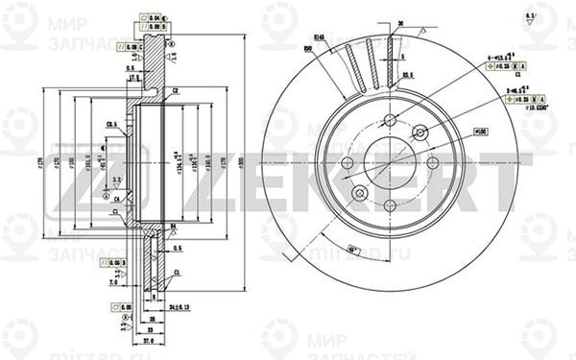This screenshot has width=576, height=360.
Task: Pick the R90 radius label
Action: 309,49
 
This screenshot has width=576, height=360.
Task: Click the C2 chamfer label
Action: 177,91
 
